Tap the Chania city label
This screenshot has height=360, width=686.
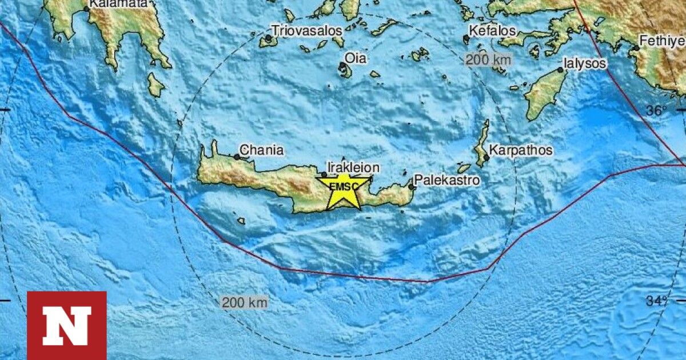coord(261,150)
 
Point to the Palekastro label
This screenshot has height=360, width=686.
coord(446,181)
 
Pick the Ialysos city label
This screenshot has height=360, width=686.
coord(584,63)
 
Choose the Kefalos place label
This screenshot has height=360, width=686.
coord(492,30)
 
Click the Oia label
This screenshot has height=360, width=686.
coord(356,58)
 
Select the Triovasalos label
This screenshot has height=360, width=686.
coord(307,30)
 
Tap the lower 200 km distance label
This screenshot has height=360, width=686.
coord(244,302)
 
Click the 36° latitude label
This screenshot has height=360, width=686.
coord(658,111)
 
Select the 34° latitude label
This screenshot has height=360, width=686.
coord(658,301)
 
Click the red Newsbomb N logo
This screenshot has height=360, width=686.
coord(67,325)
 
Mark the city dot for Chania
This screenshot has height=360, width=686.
coord(237,157)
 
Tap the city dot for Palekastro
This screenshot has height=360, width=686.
coord(411,186)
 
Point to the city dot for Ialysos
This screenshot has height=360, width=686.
coord(561,70)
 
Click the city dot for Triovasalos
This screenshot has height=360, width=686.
coord(268,38)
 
